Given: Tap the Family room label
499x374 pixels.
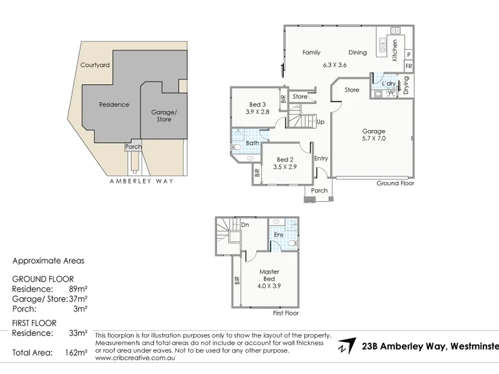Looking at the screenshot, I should pos(311,53).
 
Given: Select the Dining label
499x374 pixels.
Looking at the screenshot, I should pos(357,53).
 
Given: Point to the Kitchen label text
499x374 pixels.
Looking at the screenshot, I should pos(394,49).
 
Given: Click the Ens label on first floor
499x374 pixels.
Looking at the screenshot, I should pos(279,235).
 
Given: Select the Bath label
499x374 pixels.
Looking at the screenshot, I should pos(253,143).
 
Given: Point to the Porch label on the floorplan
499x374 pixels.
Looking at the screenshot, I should pos(319,191).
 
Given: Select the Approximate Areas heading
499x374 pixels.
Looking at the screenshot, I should pos(49,261).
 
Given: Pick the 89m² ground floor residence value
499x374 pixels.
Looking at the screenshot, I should pos(77,289).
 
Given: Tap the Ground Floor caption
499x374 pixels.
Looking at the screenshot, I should pos(395,184).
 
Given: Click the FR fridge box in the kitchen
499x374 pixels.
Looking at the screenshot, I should pos(409,66).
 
